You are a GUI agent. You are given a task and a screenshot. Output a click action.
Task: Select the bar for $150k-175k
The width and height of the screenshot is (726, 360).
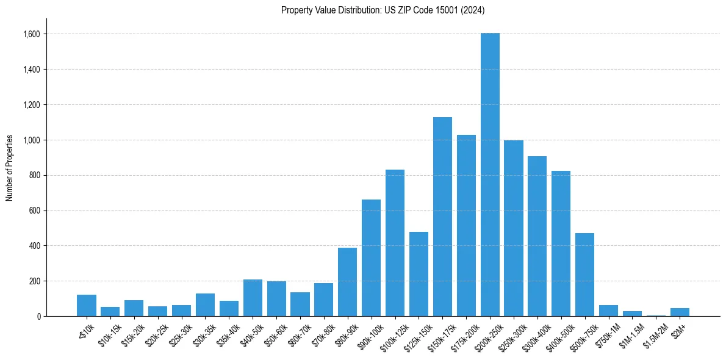point(442,217)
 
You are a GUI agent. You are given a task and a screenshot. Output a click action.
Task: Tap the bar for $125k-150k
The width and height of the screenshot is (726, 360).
point(419,274)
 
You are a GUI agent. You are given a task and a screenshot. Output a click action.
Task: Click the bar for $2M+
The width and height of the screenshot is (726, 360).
point(680,312)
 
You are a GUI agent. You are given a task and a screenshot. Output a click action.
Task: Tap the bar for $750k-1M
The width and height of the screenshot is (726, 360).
point(608,311)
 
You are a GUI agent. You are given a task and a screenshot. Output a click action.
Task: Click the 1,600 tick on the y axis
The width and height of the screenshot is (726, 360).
point(32,34)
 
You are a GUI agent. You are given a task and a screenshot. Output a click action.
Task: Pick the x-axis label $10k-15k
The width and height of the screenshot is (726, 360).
point(109,333)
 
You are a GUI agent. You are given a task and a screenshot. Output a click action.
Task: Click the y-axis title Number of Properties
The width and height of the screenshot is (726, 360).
point(10,168)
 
